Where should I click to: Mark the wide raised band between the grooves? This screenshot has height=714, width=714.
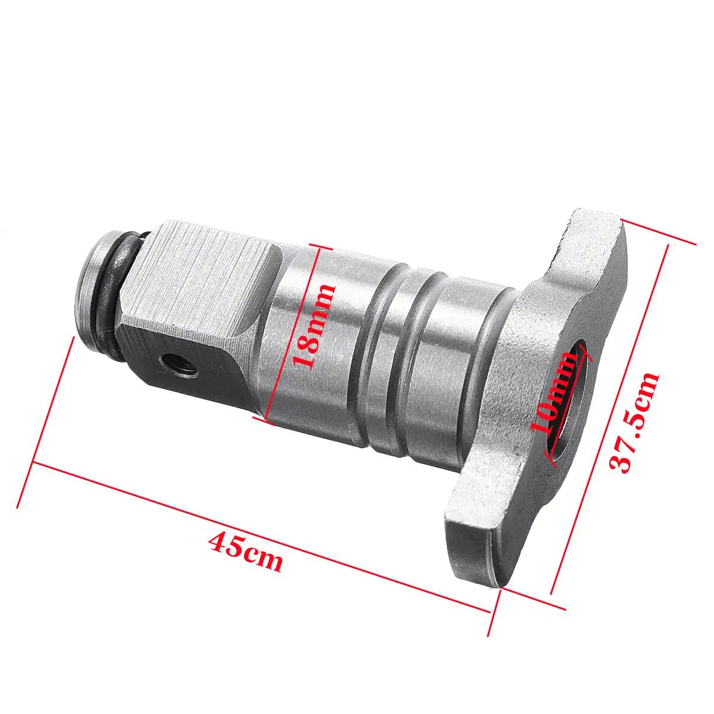(x=411, y=369)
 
